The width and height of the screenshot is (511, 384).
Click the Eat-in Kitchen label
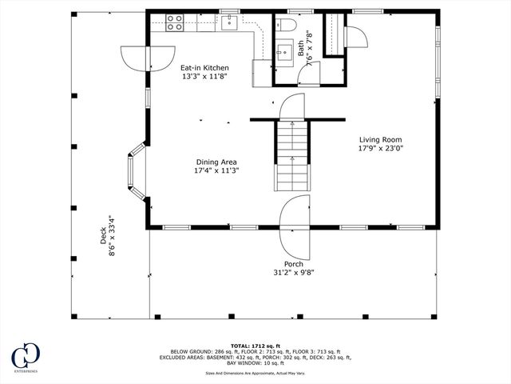tap(204, 68)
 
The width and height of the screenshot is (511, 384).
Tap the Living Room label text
tap(380, 138)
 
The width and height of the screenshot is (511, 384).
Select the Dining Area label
tap(216, 162)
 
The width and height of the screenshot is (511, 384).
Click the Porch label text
tap(293, 263)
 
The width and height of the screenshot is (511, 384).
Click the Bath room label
tap(301, 50)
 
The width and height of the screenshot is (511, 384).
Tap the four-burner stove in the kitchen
tap(175, 22)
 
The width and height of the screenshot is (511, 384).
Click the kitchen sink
tap(230, 22)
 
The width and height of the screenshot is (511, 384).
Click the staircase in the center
tap(293, 156)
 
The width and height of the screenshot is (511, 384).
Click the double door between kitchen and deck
tap(148, 58)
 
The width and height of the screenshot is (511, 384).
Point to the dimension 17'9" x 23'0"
tap(380, 147)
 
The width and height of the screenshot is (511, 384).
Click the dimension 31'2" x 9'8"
tap(293, 272)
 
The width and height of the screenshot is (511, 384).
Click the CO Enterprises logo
tap(24, 358)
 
